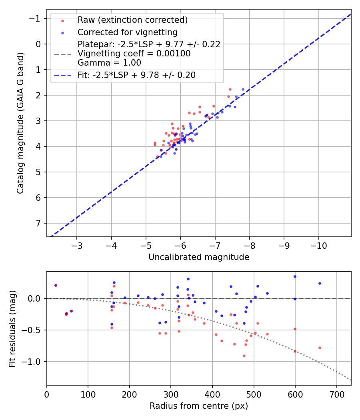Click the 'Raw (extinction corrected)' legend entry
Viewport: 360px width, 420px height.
pos(132,20)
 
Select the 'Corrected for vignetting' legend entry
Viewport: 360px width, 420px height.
pos(127,32)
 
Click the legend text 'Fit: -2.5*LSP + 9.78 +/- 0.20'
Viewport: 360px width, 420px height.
pos(136,75)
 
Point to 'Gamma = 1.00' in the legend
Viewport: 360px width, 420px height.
pos(109,62)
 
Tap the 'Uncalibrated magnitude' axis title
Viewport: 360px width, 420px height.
pos(199,257)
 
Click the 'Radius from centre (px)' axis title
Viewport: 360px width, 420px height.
pos(199,406)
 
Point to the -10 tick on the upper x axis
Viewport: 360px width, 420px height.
pos(318,244)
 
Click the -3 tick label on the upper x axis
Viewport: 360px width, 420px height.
pos(77,244)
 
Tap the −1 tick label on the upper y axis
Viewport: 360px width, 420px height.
pos(36,18)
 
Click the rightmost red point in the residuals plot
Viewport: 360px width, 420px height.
pos(320,348)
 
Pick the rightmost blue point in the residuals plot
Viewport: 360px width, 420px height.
pos(320,283)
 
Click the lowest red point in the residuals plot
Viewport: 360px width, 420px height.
pos(244,356)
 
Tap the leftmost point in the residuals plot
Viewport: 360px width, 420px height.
pos(56,285)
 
